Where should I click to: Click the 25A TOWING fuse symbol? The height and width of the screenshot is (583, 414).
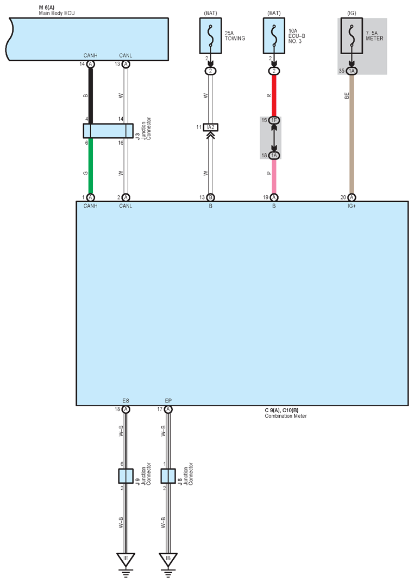click(x=211, y=36)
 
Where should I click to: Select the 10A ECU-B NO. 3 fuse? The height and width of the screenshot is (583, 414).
click(x=274, y=36)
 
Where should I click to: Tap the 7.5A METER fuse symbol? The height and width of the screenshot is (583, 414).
click(x=352, y=36)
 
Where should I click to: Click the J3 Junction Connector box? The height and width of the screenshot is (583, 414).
click(x=108, y=131)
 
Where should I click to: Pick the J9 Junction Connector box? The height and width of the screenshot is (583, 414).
click(x=126, y=476)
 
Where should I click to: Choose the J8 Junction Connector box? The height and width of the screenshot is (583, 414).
click(x=168, y=476)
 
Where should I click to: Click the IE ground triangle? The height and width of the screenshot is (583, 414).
click(x=126, y=559)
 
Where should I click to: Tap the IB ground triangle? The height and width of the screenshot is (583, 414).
click(x=168, y=559)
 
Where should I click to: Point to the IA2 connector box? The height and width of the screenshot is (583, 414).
click(x=211, y=127)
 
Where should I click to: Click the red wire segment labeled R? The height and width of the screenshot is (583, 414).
click(x=274, y=95)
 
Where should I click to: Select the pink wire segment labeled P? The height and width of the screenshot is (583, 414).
click(x=274, y=176)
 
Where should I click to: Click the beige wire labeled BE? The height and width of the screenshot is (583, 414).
click(x=352, y=134)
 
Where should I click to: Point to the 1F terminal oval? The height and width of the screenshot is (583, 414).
click(x=274, y=120)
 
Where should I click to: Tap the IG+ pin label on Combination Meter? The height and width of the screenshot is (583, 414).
click(x=352, y=206)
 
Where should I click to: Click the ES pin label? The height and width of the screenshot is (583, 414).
click(x=126, y=400)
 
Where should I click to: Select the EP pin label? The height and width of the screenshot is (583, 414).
click(x=168, y=400)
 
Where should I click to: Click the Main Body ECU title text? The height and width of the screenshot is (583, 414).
click(x=57, y=13)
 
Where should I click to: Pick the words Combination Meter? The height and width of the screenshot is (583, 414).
click(x=286, y=416)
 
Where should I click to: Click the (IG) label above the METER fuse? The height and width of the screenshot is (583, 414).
click(x=352, y=13)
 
